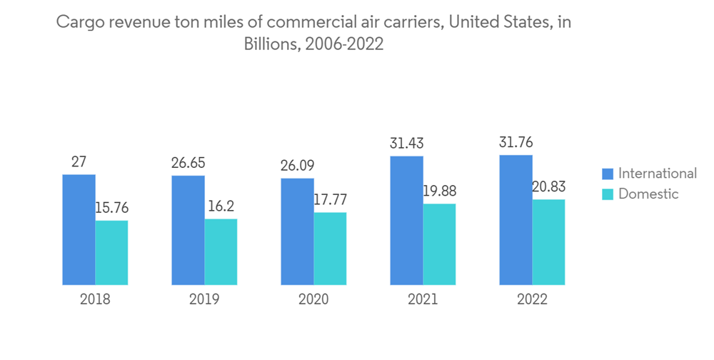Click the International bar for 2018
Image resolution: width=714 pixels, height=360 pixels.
pyautogui.click(x=79, y=229)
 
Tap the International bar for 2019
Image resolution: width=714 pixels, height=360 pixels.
pyautogui.click(x=188, y=230)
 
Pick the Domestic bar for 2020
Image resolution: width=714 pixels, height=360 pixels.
pyautogui.click(x=330, y=249)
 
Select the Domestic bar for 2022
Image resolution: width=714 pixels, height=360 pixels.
pyautogui.click(x=548, y=242)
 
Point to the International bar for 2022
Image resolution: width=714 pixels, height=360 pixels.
pyautogui.click(x=516, y=220)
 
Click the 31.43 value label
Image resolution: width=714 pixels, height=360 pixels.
pyautogui.click(x=406, y=144)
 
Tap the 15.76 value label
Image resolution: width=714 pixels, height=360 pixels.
pyautogui.click(x=111, y=208)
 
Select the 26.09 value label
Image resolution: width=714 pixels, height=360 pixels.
pyautogui.click(x=297, y=166)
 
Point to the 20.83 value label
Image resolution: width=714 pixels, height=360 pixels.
pyautogui.click(x=548, y=186)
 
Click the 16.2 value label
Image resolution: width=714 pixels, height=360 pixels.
pyautogui.click(x=221, y=206)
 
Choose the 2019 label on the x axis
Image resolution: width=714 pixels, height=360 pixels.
pyautogui.click(x=204, y=300)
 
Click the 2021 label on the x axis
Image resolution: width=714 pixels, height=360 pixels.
pyautogui.click(x=423, y=300)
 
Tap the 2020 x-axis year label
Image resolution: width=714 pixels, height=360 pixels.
pyautogui.click(x=313, y=300)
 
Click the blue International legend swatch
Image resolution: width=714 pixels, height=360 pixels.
pyautogui.click(x=608, y=174)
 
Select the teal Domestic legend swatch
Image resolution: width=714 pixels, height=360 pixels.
pyautogui.click(x=608, y=194)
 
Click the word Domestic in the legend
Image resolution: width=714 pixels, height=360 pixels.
pyautogui.click(x=648, y=194)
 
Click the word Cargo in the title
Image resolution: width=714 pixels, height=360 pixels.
pyautogui.click(x=78, y=22)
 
